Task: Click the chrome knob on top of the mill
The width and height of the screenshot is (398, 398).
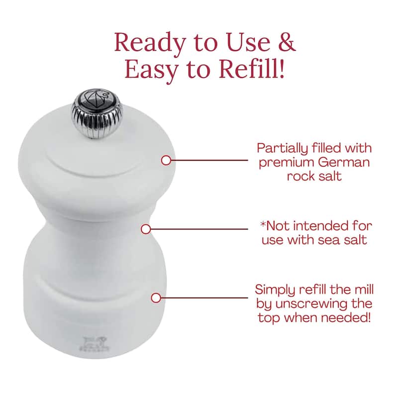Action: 97,113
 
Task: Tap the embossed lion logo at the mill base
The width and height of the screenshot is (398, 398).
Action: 95,344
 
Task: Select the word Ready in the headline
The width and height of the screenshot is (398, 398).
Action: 150,44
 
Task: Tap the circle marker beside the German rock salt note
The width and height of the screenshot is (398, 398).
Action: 166,160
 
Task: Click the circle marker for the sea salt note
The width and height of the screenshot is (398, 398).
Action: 146,229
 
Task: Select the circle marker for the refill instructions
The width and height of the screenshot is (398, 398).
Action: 156,298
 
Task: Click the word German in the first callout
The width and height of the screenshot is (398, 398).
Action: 344,162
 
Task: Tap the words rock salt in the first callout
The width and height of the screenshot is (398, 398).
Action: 314,176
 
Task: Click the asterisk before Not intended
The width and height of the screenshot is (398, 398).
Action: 263,223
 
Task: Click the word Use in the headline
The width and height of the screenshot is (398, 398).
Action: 247,42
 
